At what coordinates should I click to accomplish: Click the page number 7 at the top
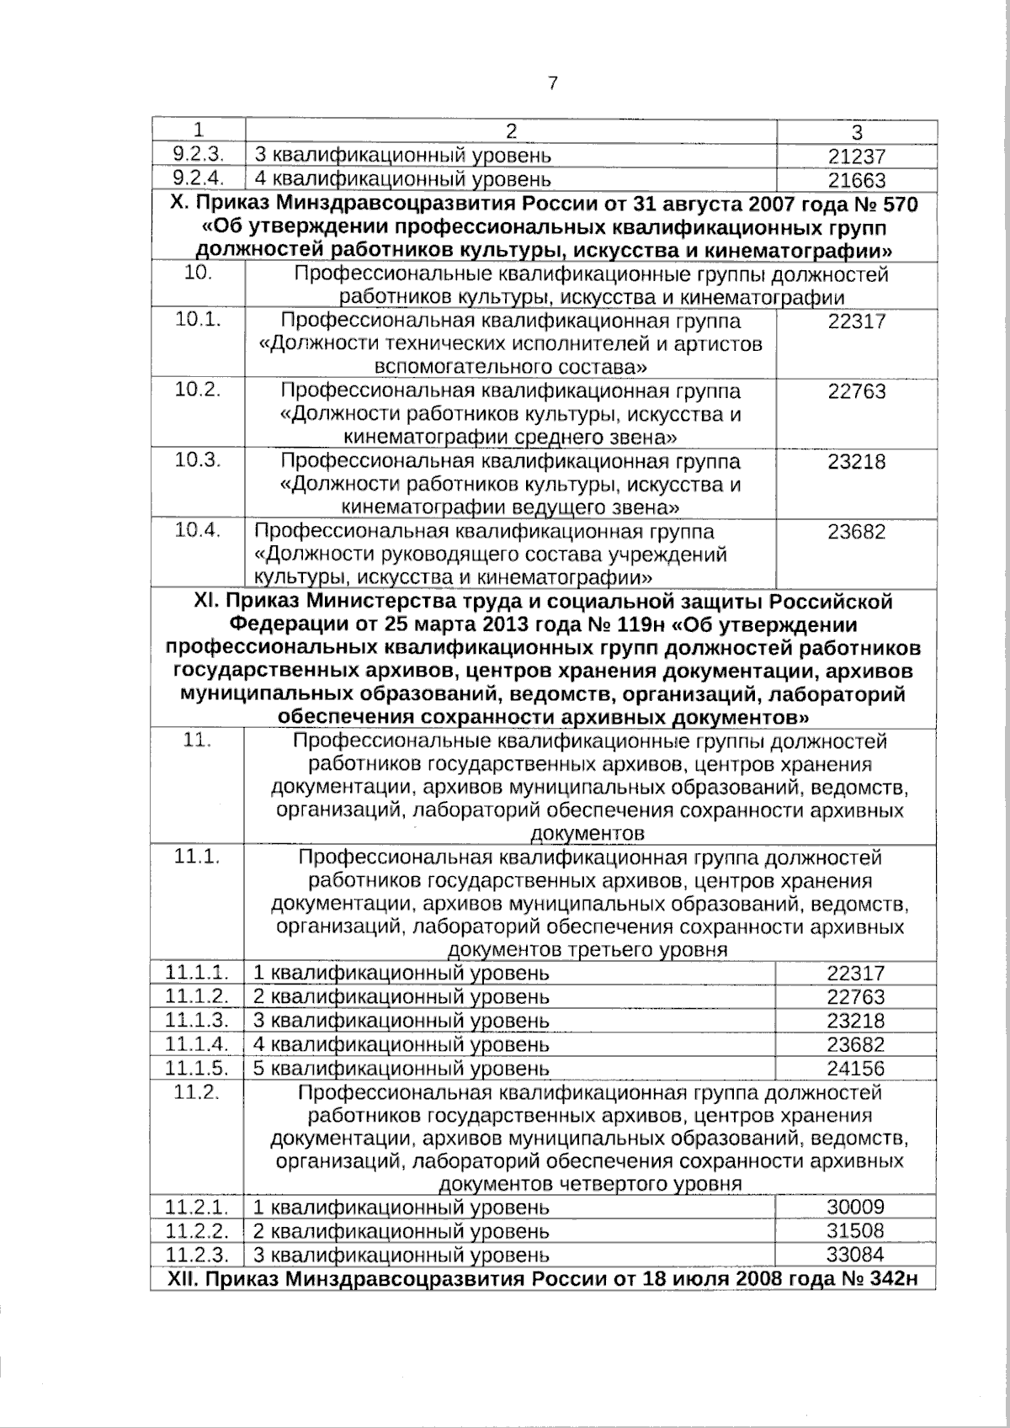[552, 82]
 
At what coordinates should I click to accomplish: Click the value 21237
[856, 157]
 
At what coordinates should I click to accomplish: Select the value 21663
[856, 180]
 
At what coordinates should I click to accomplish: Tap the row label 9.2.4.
[196, 178]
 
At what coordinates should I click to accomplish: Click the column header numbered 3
[857, 132]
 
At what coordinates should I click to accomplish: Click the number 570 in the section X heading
[894, 205]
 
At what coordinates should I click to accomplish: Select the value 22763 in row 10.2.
[856, 391]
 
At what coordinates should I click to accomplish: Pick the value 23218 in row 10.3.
[856, 461]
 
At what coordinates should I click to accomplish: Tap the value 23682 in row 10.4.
[856, 532]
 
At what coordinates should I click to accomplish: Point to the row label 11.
[195, 741]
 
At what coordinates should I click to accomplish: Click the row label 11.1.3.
[198, 1021]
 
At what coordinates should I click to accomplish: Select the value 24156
[856, 1069]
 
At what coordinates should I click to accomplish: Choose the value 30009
[856, 1208]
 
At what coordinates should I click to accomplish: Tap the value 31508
[856, 1231]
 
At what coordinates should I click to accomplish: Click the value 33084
[856, 1255]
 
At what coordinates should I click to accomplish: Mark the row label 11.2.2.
[198, 1231]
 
